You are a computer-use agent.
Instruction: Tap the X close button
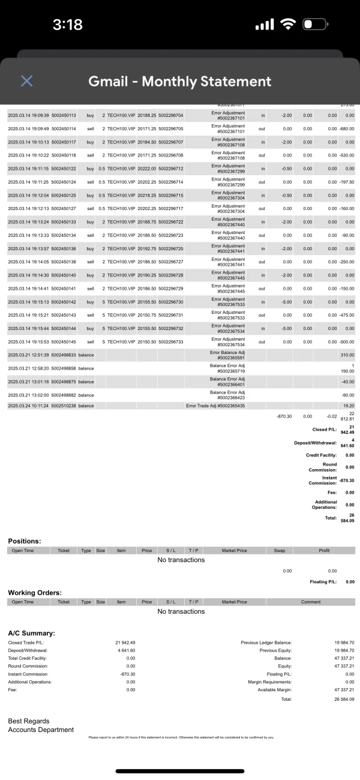[x=26, y=81]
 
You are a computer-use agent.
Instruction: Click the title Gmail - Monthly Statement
[x=180, y=81]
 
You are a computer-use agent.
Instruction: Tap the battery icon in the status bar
[x=316, y=25]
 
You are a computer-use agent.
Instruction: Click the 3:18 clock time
[x=68, y=25]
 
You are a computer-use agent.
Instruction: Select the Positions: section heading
[x=25, y=541]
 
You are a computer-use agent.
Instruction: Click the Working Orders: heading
[x=35, y=592]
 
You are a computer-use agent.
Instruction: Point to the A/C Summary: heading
[x=32, y=633]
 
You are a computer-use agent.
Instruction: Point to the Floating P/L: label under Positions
[x=325, y=581]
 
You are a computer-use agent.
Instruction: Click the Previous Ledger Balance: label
[x=266, y=643]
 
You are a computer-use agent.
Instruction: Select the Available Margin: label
[x=272, y=690]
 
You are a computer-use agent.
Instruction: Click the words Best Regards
[x=29, y=721]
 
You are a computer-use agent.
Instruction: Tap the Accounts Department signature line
[x=41, y=730]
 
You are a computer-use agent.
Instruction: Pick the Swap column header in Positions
[x=279, y=550]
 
